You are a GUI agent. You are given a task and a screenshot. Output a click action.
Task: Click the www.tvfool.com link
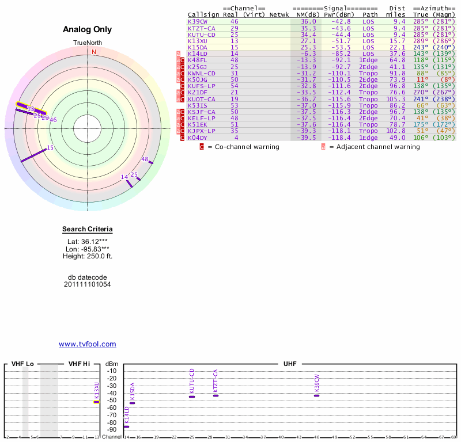click(88, 344)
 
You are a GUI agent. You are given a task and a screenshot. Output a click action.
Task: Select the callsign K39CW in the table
click(197, 21)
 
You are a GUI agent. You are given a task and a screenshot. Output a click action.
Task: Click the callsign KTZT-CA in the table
click(202, 28)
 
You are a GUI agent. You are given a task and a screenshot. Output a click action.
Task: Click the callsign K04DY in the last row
click(197, 138)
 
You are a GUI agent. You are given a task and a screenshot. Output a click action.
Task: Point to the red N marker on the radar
click(93, 52)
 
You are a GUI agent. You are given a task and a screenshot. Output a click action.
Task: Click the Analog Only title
click(88, 29)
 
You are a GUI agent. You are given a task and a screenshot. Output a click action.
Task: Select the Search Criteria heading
click(88, 229)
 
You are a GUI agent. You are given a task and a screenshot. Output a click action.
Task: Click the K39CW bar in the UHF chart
click(316, 395)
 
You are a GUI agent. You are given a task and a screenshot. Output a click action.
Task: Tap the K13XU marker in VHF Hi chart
click(97, 402)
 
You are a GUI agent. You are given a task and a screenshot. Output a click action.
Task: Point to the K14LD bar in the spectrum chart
click(127, 426)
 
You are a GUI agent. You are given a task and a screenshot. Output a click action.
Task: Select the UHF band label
click(289, 364)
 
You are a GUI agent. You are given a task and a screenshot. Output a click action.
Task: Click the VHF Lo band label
click(22, 364)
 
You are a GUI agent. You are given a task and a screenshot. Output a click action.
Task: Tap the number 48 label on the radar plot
click(145, 159)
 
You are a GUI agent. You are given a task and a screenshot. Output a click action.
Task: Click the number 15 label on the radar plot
click(50, 148)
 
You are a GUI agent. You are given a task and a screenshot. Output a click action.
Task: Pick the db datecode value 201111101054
click(88, 284)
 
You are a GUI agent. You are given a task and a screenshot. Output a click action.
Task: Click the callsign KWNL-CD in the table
click(202, 73)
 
